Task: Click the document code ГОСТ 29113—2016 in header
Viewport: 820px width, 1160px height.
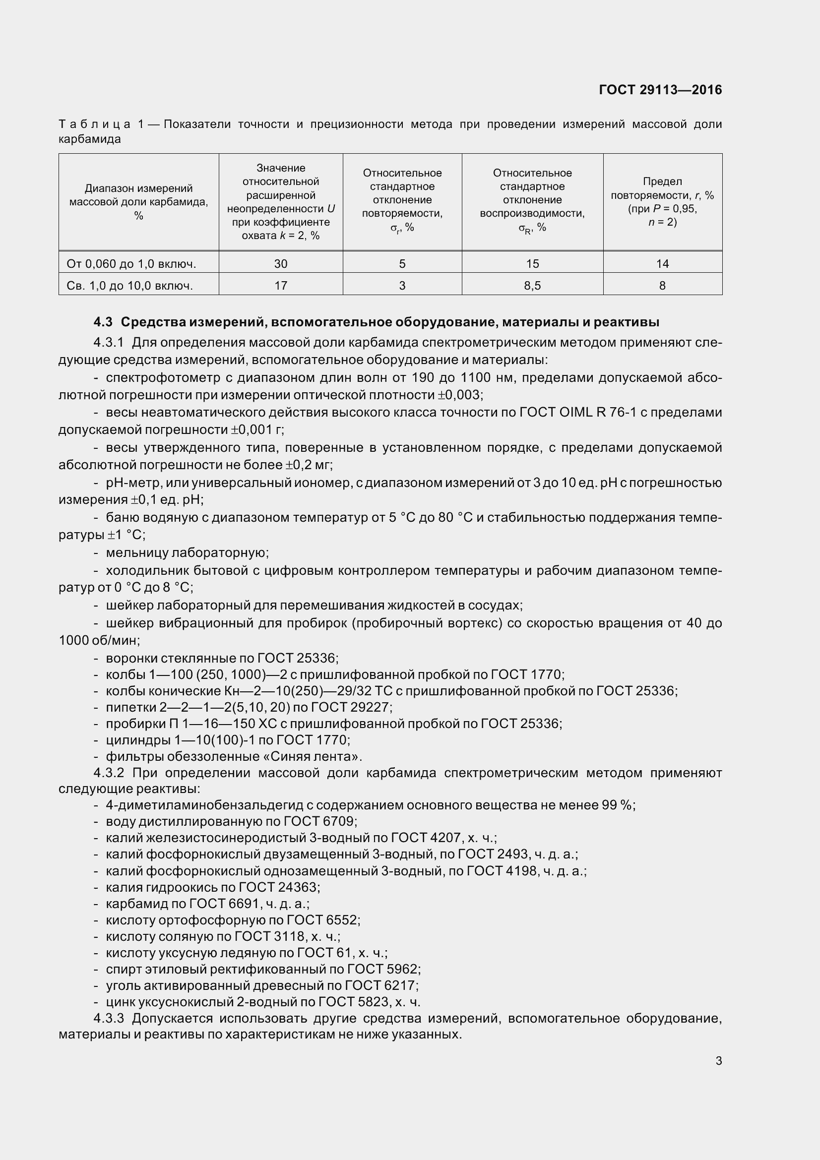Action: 660,90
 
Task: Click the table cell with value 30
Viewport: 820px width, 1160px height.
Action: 280,264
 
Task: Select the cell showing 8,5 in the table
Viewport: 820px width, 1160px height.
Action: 532,286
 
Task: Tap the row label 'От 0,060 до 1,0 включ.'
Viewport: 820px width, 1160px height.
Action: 131,264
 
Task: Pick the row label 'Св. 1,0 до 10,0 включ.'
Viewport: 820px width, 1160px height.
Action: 129,286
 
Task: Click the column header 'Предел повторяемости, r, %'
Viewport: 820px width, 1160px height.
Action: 662,201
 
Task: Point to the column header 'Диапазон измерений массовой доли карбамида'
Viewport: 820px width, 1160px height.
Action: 138,201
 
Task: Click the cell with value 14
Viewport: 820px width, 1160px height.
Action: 662,264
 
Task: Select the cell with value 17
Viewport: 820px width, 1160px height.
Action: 280,286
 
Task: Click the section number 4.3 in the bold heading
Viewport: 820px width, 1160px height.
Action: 103,322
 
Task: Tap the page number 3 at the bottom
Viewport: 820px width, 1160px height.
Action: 718,1061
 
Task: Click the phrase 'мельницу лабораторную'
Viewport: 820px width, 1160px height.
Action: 187,552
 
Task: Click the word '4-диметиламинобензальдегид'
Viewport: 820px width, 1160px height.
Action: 203,805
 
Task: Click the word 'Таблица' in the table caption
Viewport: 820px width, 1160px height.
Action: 94,124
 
